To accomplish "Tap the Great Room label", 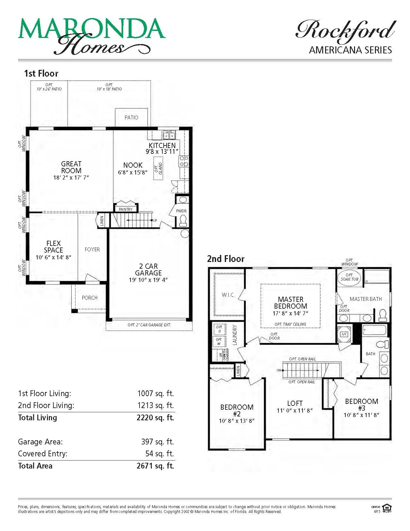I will coord(71,167).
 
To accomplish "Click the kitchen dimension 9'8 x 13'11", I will coord(162,152).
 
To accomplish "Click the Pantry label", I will coord(126,209).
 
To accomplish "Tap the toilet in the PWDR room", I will coord(183,220).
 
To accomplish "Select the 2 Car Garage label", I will coord(148,269).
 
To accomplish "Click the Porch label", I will coord(90,298).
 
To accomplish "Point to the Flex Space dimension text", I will coord(53,257).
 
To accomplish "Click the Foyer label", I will coord(92,249).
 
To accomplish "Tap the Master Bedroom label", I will coord(290,303).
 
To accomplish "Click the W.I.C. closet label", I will coord(228,295).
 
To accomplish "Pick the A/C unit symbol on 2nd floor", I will coord(344,334).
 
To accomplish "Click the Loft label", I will coord(295,403).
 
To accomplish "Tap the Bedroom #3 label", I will coord(361,405).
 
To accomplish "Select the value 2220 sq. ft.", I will coord(155,418).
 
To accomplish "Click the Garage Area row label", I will coord(40,442).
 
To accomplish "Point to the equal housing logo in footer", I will coord(387,508).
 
